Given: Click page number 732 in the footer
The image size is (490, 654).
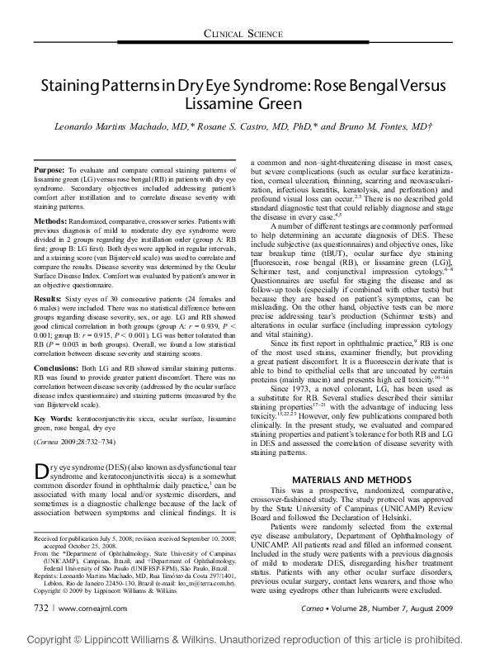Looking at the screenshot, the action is [x=40, y=607].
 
